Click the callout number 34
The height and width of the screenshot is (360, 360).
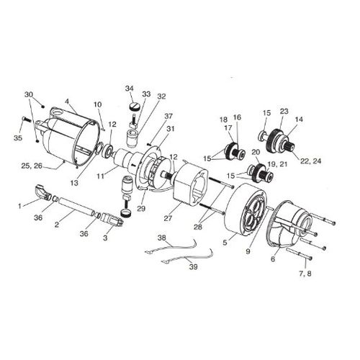tap(129, 89)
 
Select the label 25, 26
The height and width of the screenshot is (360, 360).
tap(32, 166)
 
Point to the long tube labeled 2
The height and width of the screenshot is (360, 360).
tap(76, 207)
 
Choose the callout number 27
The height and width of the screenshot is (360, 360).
tap(168, 218)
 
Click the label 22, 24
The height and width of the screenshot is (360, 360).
tap(310, 161)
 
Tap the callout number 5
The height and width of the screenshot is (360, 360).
tap(225, 243)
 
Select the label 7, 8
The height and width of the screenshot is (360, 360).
tap(305, 274)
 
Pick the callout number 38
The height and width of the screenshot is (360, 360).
tap(162, 238)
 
